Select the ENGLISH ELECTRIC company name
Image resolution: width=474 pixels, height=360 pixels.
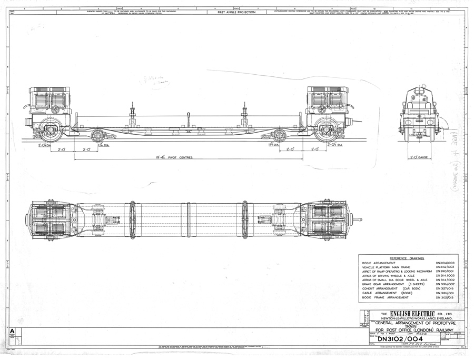click(404, 315)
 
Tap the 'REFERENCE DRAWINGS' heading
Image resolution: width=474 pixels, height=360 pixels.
click(404, 258)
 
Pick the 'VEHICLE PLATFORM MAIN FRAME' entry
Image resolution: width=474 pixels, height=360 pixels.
click(387, 267)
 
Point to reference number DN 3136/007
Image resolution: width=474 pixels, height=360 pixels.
click(445, 284)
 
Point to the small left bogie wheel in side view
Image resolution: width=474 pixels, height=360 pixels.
click(97, 136)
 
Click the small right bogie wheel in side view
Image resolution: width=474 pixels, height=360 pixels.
click(280, 136)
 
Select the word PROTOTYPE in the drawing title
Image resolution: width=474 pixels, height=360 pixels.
click(438, 323)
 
